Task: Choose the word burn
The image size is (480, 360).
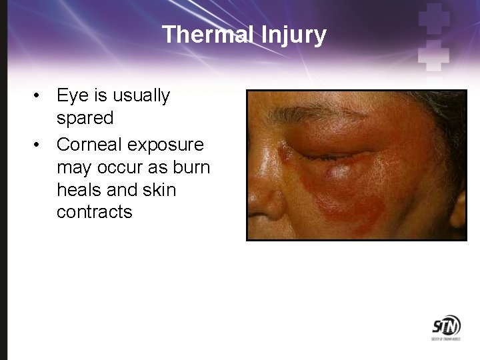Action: click(x=191, y=167)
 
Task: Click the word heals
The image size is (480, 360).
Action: click(x=80, y=190)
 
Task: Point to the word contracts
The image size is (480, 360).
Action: click(x=95, y=213)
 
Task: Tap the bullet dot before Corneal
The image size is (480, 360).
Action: click(x=41, y=145)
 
